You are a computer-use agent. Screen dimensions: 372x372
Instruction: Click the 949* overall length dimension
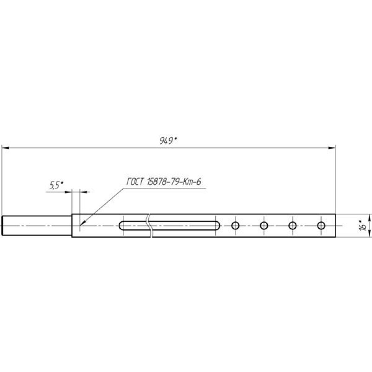168,141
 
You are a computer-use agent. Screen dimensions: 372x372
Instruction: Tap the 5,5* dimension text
56,185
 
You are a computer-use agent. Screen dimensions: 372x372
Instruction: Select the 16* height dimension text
363,226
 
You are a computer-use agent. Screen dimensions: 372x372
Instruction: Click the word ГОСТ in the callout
135,182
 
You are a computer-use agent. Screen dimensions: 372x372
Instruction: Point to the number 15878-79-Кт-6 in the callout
174,182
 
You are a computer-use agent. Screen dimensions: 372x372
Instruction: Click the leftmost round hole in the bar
235,226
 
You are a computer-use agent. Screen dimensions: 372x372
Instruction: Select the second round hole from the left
264,226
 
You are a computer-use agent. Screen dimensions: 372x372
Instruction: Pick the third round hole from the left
292,226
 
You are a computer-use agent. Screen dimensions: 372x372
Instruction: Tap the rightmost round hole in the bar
321,226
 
